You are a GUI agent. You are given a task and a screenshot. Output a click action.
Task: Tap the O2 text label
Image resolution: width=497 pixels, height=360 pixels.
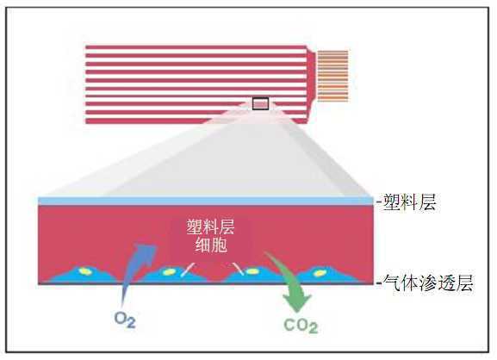coord(125,320)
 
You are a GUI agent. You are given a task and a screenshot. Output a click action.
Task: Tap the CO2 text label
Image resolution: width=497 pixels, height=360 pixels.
coord(301,326)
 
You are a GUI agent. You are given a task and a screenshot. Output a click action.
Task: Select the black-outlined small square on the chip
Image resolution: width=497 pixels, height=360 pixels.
coord(260,103)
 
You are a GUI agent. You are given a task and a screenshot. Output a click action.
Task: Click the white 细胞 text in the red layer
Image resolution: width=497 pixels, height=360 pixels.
coord(211,245)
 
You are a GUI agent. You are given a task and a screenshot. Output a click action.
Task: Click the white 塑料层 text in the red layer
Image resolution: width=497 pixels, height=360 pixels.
coord(210,227)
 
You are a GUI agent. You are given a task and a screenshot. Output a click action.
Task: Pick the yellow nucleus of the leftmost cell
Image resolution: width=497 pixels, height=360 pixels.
coord(85,271)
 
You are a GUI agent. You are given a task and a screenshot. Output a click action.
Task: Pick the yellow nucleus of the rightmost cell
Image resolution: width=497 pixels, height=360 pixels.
coord(320,273)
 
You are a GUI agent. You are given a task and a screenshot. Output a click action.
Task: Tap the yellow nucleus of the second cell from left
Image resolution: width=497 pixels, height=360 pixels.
coord(169,272)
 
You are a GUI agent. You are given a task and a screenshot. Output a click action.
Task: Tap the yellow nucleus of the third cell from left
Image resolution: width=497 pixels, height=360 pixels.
coord(252,271)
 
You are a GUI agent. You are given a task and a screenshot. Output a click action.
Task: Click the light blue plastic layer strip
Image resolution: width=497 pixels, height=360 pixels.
coord(206,201)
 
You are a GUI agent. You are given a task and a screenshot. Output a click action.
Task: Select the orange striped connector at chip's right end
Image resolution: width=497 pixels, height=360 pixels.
coord(332,76)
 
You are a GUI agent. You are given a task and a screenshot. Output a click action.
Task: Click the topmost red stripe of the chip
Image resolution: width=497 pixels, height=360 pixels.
coord(196,47)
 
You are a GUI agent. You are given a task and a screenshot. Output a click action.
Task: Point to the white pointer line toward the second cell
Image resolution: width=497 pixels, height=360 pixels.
coord(188,270)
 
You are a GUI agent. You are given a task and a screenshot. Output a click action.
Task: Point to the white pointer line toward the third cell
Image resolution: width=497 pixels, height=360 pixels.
coord(239,268)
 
